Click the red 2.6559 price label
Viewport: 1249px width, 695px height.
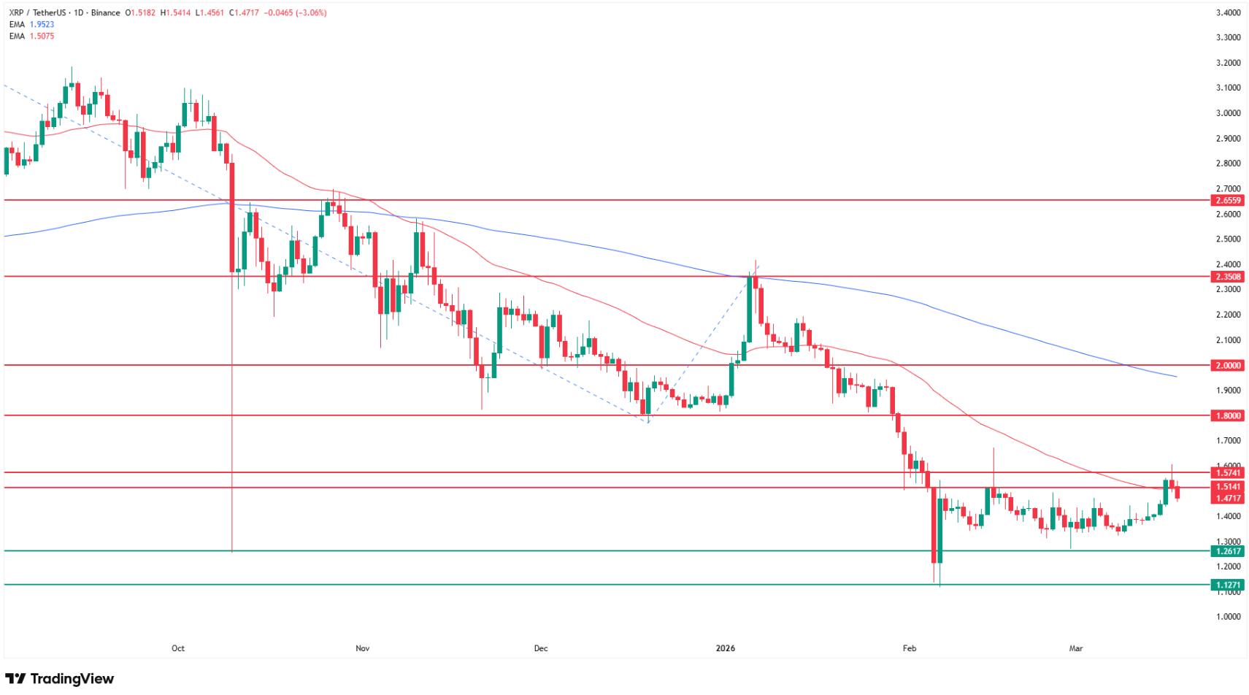[x=1227, y=200]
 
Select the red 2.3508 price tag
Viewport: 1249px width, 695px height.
[x=1227, y=277]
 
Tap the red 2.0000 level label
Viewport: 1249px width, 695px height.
[x=1227, y=365]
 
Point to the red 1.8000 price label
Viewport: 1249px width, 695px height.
[x=1227, y=415]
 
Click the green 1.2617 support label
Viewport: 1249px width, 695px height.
[x=1227, y=551]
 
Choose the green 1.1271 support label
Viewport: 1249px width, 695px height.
[x=1227, y=585]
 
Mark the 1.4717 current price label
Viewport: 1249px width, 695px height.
[x=1227, y=498]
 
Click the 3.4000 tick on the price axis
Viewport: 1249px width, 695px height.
[x=1228, y=12]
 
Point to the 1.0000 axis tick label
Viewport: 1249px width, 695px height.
[x=1228, y=617]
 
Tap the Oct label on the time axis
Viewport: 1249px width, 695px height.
[x=178, y=648]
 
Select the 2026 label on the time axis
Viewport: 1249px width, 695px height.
[x=726, y=648]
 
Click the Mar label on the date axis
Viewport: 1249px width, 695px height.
[x=1075, y=648]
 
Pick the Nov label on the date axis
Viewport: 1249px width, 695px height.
[x=363, y=648]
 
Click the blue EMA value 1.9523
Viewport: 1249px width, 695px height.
[x=42, y=24]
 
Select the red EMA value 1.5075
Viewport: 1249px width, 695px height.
[x=42, y=36]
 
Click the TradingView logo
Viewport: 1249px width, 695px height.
[x=60, y=679]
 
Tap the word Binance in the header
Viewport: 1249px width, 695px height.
[x=106, y=12]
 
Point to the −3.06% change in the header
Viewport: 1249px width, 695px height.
[x=311, y=12]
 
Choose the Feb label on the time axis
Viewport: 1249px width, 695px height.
[x=909, y=648]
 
